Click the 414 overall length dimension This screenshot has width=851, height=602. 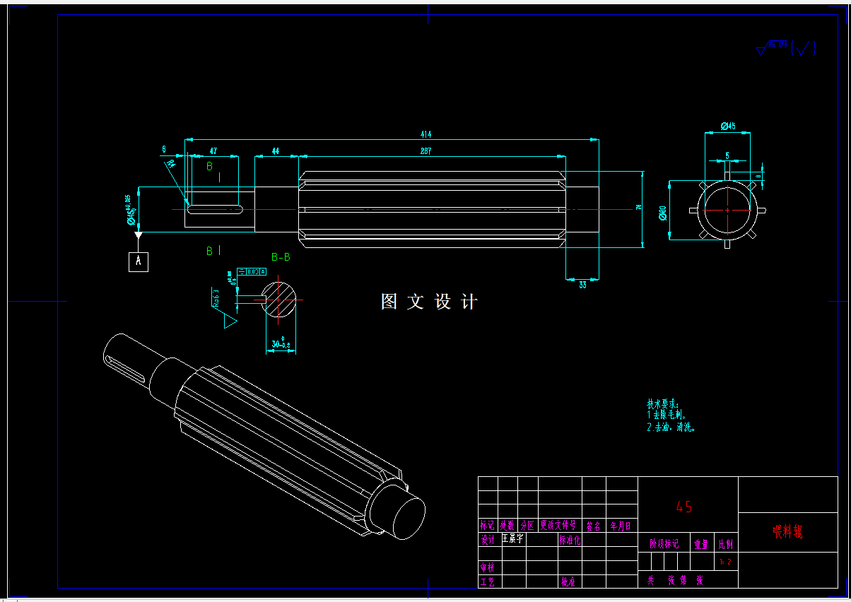[426, 134]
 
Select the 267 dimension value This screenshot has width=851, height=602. [426, 151]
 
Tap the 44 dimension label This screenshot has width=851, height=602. [276, 151]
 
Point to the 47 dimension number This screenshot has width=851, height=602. [213, 151]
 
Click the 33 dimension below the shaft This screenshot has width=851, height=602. [582, 285]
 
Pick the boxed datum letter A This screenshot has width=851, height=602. [139, 261]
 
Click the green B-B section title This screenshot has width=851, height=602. [281, 257]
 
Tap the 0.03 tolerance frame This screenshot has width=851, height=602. [252, 272]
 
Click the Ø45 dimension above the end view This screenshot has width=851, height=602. [728, 126]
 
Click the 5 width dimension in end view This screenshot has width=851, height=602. [727, 155]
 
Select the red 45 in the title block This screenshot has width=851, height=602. [683, 507]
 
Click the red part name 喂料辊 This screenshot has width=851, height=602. [787, 532]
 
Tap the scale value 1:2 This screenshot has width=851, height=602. [725, 562]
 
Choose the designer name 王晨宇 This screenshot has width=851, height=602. [512, 538]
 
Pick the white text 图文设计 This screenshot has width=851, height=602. [429, 302]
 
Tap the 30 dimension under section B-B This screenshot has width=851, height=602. [281, 346]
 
